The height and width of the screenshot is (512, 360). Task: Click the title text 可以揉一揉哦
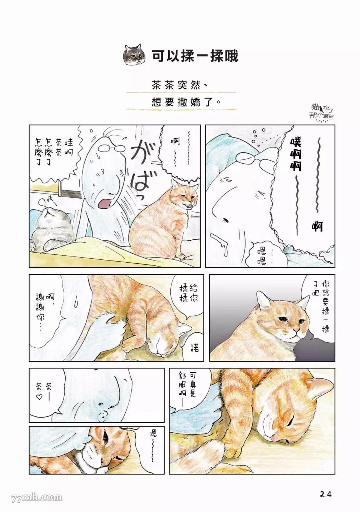tap(195, 55)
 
